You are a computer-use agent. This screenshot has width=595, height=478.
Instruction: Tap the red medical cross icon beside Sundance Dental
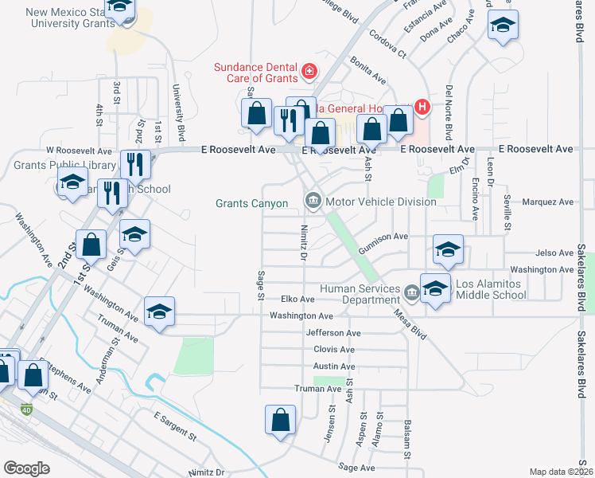point(309,73)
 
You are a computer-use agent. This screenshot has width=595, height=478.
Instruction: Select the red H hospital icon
point(422,107)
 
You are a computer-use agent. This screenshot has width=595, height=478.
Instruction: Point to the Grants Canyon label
point(252,203)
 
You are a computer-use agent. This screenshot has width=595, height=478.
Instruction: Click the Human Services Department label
point(360,294)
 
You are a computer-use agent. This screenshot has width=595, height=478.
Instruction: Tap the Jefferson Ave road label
point(333,333)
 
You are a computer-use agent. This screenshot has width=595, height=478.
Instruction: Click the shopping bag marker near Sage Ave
point(281,421)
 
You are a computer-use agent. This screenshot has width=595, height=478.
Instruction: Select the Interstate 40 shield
point(26,409)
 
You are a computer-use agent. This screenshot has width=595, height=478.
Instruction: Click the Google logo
point(26,468)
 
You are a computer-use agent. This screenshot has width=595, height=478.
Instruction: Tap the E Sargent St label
point(174,428)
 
